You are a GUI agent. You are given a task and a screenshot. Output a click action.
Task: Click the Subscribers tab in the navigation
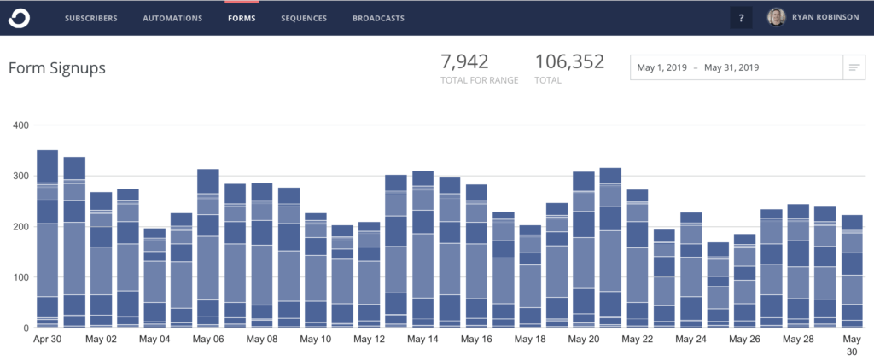(90, 18)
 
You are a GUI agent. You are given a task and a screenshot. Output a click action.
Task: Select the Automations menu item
(172, 18)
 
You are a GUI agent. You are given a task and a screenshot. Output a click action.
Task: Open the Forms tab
(242, 18)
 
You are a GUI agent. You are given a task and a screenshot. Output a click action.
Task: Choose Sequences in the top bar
(304, 18)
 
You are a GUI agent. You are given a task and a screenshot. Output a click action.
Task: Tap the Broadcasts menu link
(378, 18)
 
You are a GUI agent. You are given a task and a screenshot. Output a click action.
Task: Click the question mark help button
(741, 18)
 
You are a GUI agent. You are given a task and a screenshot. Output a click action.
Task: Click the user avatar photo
(777, 17)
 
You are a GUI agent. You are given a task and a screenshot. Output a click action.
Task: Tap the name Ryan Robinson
(826, 18)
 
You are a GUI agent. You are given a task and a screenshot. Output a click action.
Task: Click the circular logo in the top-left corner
(20, 18)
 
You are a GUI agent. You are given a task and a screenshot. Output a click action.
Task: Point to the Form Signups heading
(56, 68)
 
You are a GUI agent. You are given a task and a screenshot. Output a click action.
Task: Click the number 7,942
(464, 61)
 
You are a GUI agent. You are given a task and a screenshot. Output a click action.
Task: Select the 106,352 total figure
(569, 61)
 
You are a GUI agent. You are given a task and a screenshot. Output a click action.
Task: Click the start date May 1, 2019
(661, 67)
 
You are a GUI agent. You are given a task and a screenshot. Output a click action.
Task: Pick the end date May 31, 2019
(731, 67)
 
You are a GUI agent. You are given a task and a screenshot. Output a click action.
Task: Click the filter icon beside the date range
(853, 67)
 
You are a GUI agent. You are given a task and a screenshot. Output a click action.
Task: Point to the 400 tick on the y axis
(20, 126)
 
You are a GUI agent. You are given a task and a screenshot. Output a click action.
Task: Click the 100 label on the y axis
(20, 278)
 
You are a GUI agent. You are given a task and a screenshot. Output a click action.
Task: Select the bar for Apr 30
(48, 239)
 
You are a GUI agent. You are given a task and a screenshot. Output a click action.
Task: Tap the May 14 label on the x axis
(422, 340)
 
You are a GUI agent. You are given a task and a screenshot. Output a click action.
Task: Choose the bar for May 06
(207, 247)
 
